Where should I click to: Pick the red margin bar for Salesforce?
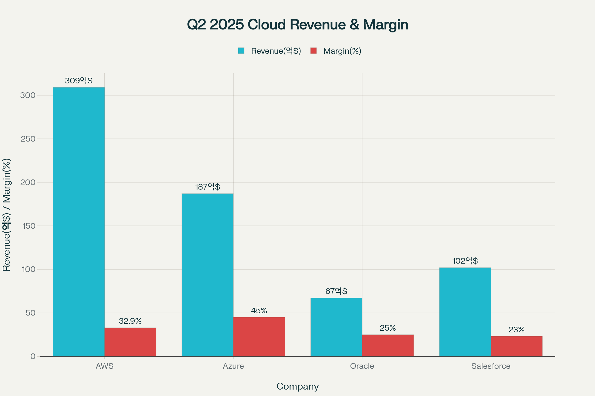(517, 346)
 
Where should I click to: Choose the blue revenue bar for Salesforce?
(465, 312)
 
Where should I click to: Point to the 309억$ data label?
(79, 81)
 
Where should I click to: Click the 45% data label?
(259, 310)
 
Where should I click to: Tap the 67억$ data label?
(336, 291)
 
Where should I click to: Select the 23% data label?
(517, 330)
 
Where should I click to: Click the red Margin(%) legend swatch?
(313, 51)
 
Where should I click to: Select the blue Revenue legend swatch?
(241, 51)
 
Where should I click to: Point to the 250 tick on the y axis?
(28, 139)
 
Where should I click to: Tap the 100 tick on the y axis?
(28, 269)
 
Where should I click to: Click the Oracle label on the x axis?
(362, 366)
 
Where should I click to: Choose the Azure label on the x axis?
(233, 366)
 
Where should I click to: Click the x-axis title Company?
(297, 386)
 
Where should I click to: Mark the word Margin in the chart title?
(385, 25)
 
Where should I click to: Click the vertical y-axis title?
(6, 215)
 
